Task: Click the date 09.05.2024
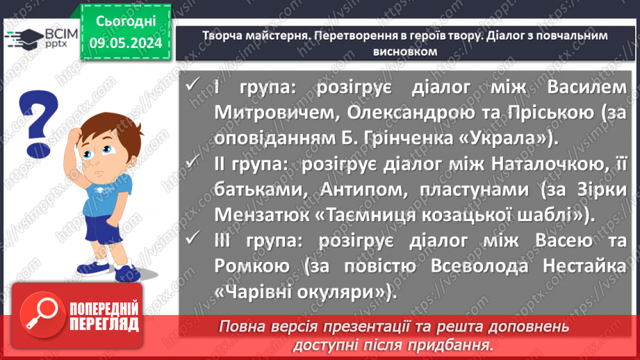click(x=125, y=44)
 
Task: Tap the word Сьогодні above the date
click(x=125, y=22)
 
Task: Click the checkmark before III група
click(x=195, y=241)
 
